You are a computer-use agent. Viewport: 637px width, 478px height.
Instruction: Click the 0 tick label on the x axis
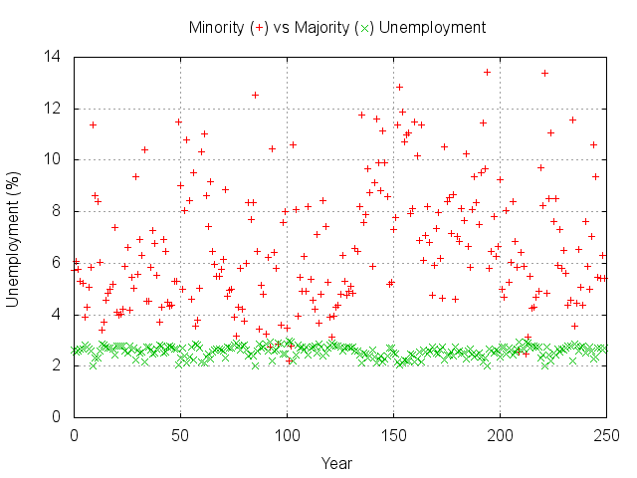[x=74, y=435]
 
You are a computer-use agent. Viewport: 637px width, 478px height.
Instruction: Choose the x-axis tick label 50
[x=180, y=435]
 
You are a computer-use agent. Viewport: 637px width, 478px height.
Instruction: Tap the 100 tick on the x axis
[x=287, y=435]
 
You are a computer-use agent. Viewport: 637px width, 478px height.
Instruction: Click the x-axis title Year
[x=335, y=463]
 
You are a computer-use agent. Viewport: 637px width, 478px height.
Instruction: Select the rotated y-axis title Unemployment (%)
[x=14, y=236]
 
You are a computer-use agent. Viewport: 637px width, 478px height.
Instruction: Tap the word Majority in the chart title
[x=319, y=27]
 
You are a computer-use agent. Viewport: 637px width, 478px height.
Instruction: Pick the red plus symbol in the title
[x=260, y=28]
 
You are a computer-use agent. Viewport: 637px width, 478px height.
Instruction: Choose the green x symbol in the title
[x=363, y=28]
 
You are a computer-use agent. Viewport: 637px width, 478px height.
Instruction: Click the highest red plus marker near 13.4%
[x=487, y=72]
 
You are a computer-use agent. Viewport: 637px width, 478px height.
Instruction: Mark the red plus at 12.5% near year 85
[x=255, y=95]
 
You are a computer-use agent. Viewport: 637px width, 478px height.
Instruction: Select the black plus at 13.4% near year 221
[x=544, y=73]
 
